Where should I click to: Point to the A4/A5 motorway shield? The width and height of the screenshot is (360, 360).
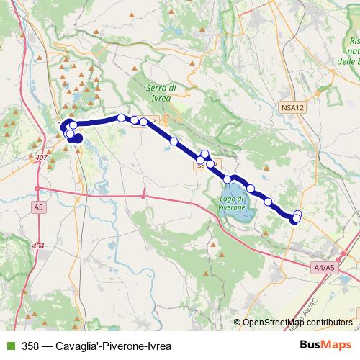[x=325, y=268]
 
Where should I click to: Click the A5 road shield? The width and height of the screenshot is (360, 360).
[x=38, y=207]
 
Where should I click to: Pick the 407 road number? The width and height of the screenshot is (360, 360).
[x=40, y=157]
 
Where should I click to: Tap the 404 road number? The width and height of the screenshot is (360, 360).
[x=38, y=246]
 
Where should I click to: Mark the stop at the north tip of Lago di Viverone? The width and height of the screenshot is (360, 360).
[x=228, y=179]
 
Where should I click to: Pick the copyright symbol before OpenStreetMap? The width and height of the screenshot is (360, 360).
[x=238, y=323]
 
